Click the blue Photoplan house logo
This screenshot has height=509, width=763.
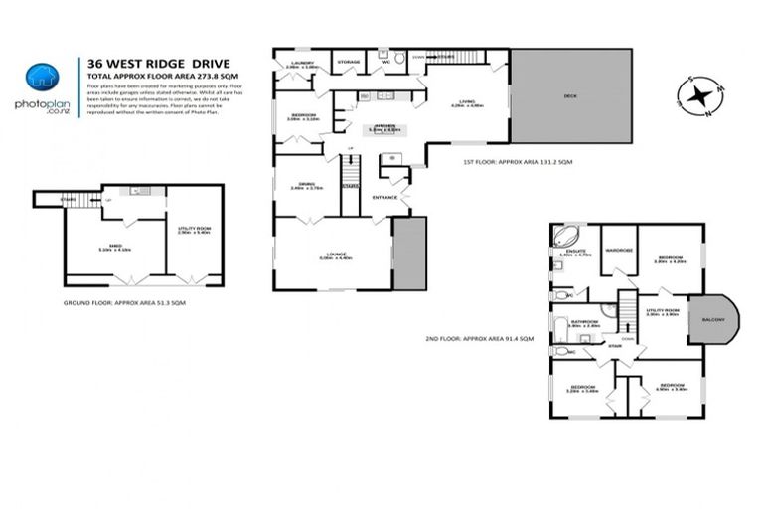tap(40, 77)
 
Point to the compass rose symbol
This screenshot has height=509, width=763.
tap(700, 96)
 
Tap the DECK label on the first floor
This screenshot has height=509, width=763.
tap(570, 96)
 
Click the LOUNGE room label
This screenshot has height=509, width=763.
tap(334, 254)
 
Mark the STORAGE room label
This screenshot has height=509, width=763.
tap(348, 62)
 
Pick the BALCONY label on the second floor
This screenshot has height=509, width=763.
tap(713, 319)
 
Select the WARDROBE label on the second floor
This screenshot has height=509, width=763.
tap(619, 250)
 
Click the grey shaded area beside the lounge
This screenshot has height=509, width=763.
tap(408, 254)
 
